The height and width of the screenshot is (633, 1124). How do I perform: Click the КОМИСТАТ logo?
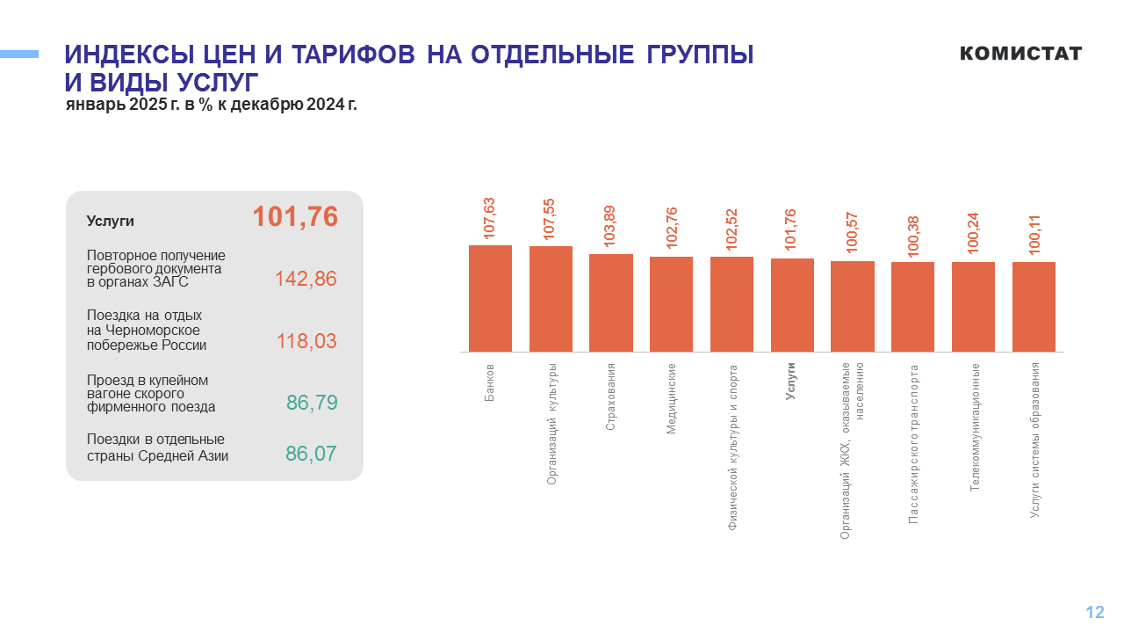coord(1020,54)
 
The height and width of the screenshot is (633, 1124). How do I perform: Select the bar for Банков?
coord(490,298)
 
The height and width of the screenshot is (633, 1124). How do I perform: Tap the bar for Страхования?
coord(611,302)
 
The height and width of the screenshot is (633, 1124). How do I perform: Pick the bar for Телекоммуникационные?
coord(973,307)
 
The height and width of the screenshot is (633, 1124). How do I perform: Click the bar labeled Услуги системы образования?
coord(1034,307)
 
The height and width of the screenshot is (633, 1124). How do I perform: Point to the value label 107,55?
coord(551,219)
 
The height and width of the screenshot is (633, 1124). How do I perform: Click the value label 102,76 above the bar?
coord(672,229)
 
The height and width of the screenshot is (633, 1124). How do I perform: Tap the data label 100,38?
coord(913,234)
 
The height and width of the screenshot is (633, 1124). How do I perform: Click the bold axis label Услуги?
coord(791,382)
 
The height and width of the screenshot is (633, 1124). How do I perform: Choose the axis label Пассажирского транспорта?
coord(913,445)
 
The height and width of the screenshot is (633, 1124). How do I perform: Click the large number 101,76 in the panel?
coord(295,217)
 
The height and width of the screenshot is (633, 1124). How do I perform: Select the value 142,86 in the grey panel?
coord(306,279)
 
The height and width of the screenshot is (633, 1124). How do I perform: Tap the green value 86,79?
coord(312,403)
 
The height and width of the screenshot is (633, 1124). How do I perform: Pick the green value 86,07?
coord(311,454)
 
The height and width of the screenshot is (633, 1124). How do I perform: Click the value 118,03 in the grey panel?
coord(306,341)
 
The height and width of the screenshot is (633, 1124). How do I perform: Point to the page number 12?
coord(1094,613)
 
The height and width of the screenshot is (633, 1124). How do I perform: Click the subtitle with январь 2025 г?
coord(211,105)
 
